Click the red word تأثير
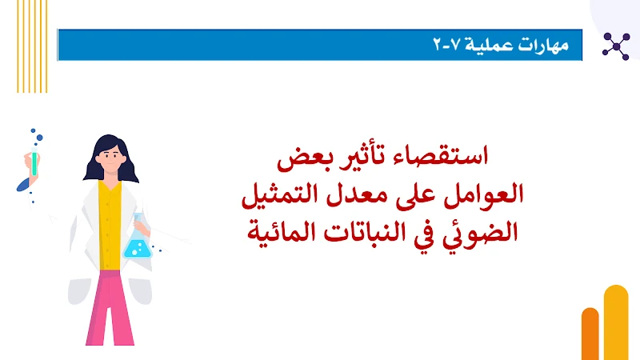tap(361, 156)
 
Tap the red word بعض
tap(302, 156)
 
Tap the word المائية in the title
tap(296, 233)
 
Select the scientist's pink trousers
tap(111, 308)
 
